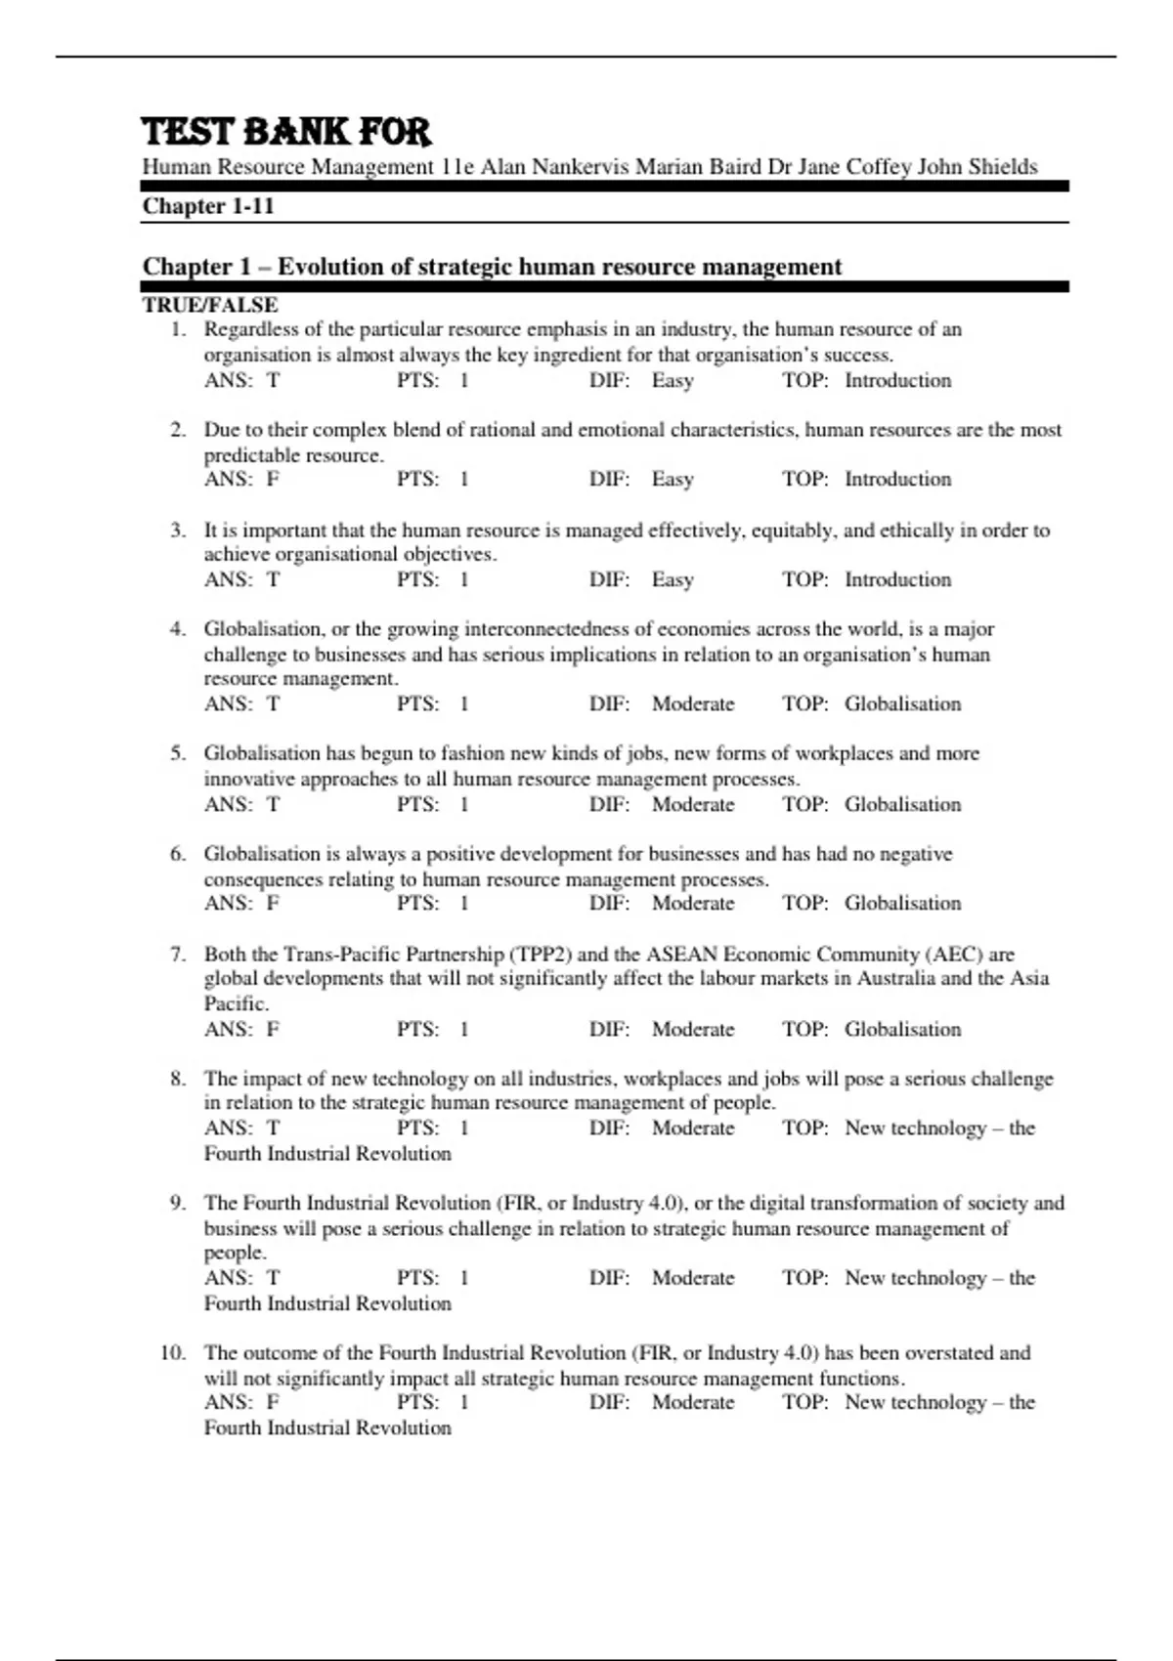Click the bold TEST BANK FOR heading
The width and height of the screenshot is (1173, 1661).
point(286,132)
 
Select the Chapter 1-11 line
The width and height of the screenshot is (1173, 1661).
point(208,206)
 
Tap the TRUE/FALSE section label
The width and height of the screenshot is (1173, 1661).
point(210,305)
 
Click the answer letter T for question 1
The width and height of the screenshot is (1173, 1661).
point(273,381)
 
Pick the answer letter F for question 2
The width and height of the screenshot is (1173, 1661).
point(273,480)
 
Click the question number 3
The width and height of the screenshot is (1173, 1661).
point(177,531)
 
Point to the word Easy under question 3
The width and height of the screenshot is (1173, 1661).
point(673,580)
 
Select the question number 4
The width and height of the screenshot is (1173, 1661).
point(177,629)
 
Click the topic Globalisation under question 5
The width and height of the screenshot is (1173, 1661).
point(902,805)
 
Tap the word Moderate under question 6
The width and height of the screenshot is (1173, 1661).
point(692,904)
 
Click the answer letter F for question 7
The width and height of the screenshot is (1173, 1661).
point(273,1030)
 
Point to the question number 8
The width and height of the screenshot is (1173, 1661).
point(177,1079)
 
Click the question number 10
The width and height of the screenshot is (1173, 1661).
point(172,1353)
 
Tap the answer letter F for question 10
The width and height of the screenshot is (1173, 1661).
point(273,1403)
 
